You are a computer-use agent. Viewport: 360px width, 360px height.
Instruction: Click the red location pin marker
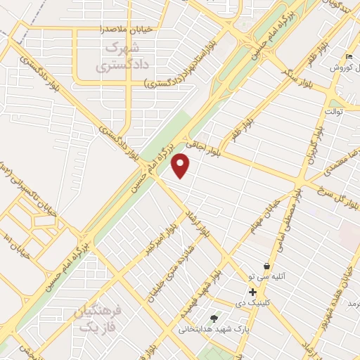click(181, 165)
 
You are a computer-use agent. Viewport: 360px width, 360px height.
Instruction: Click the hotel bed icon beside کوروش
click(349, 56)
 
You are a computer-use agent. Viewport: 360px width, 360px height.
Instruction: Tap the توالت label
click(333, 111)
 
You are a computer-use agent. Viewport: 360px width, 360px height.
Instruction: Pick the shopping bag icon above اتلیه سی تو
click(267, 266)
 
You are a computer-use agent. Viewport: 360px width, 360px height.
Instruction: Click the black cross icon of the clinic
click(252, 292)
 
